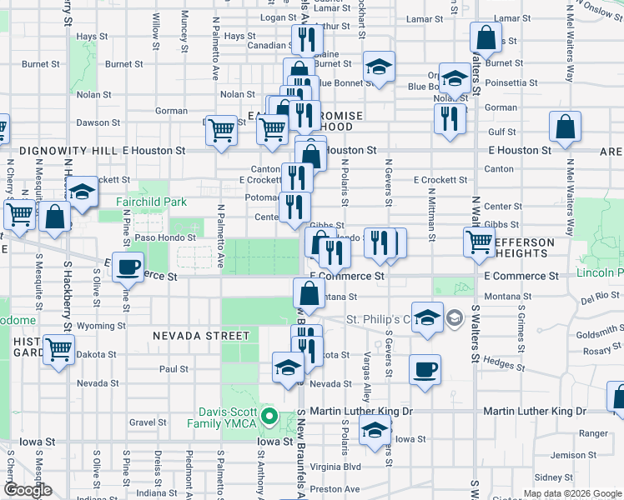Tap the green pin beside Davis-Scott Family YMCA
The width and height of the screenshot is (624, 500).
[x=269, y=415]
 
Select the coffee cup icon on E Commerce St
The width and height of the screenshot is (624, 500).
[x=127, y=267]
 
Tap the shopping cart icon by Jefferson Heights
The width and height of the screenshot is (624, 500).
[x=480, y=242]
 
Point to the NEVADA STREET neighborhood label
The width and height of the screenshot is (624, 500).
[x=201, y=336]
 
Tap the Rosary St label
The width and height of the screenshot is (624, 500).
[x=597, y=350]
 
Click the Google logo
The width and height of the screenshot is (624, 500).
[x=28, y=491]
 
